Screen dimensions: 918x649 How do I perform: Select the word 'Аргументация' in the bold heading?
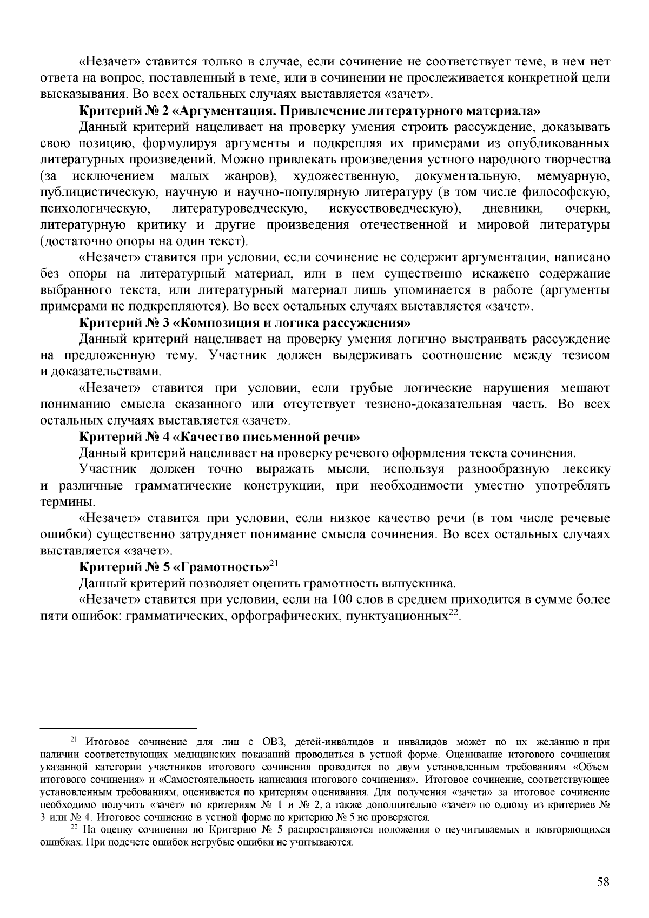pos(223,112)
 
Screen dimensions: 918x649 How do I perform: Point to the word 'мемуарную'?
pos(574,176)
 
